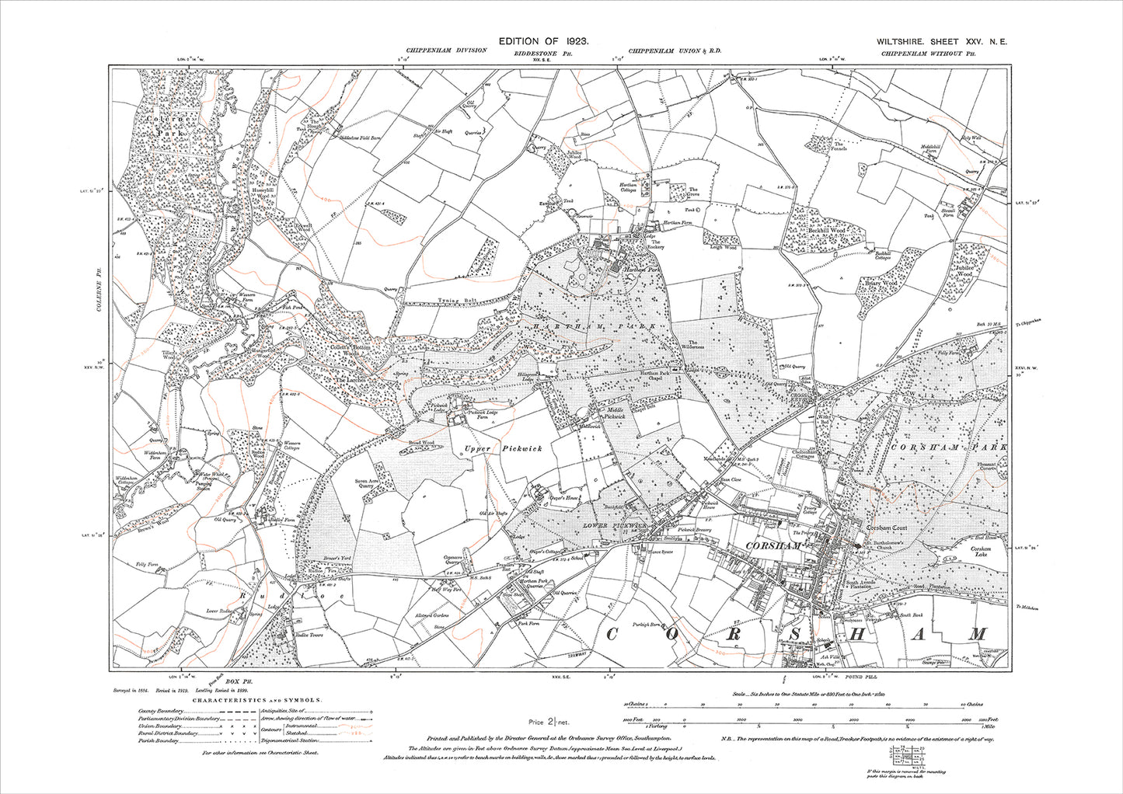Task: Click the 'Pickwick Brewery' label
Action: pos(696,529)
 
